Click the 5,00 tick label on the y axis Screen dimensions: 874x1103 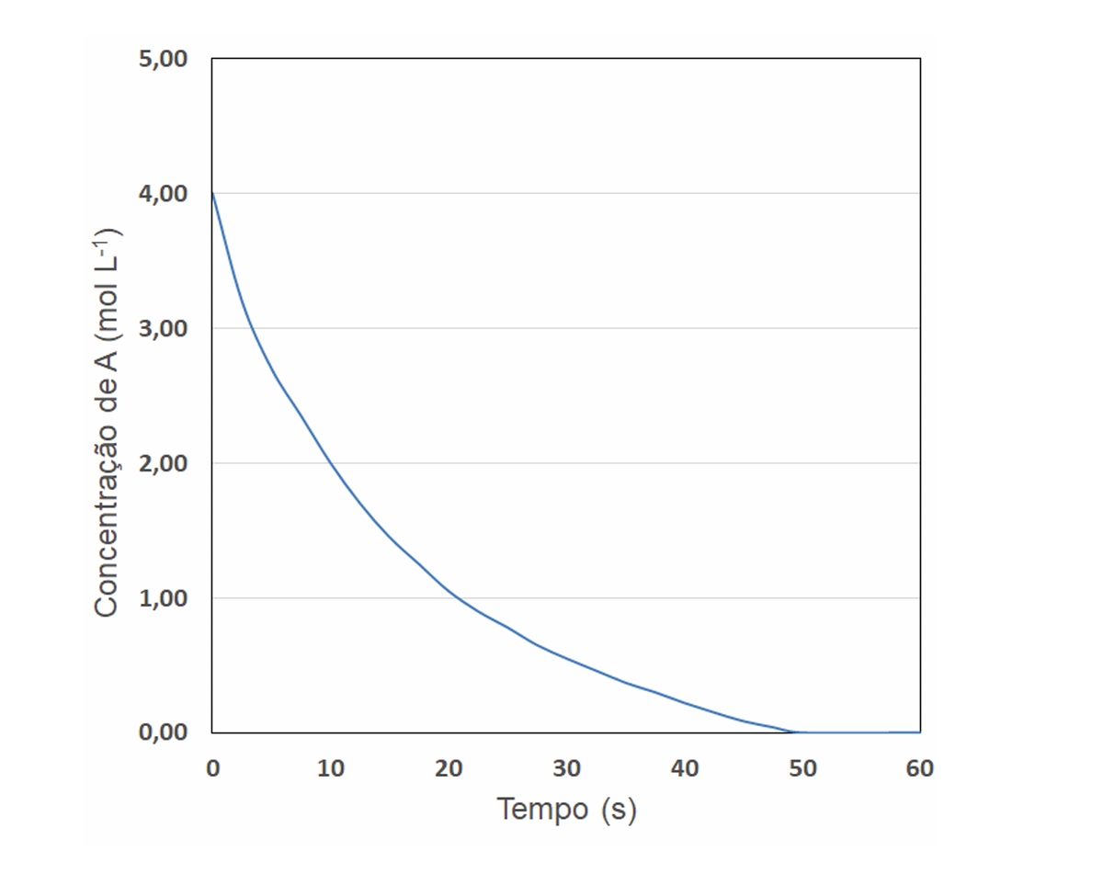pyautogui.click(x=161, y=60)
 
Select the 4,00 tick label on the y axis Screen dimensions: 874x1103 pyautogui.click(x=161, y=194)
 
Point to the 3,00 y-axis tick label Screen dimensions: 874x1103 pyautogui.click(x=161, y=329)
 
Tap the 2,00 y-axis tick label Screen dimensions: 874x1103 pyautogui.click(x=161, y=463)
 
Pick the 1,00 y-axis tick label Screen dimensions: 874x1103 pyautogui.click(x=161, y=598)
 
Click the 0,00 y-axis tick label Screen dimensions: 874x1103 pyautogui.click(x=161, y=732)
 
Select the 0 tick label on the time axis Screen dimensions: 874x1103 pyautogui.click(x=213, y=769)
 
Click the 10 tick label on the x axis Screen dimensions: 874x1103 pyautogui.click(x=331, y=769)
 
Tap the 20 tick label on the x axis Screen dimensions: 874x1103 pyautogui.click(x=449, y=769)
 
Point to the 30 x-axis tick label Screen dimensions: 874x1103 pyautogui.click(x=567, y=769)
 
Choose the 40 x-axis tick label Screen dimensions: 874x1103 pyautogui.click(x=685, y=769)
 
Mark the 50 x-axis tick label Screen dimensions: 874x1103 pyautogui.click(x=802, y=769)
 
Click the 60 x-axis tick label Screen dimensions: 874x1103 pyautogui.click(x=920, y=769)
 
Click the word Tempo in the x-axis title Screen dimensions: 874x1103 pyautogui.click(x=542, y=810)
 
